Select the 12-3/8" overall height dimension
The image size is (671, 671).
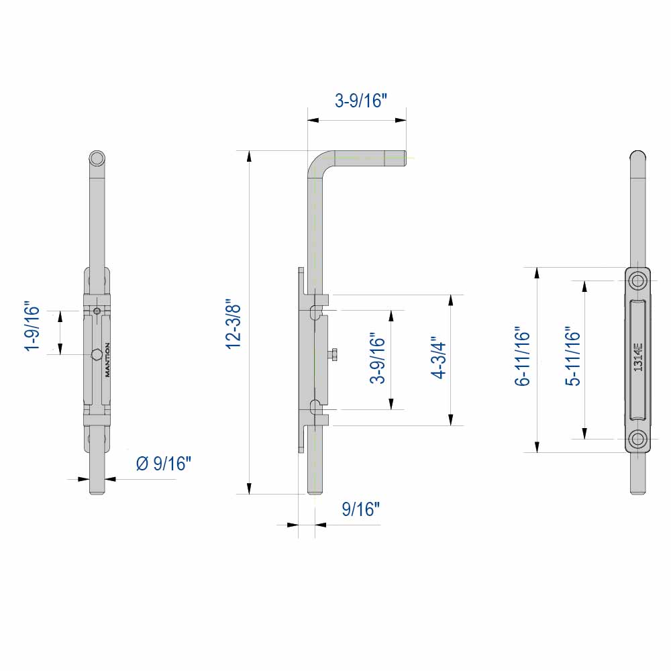coord(233,323)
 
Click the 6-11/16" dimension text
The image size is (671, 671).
coord(523,357)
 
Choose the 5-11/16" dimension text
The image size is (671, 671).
coord(572,357)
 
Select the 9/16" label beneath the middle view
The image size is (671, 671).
coord(361,509)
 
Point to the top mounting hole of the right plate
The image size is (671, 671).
coord(637,280)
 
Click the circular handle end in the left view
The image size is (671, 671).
coord(97,158)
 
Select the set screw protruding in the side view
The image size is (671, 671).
coord(333,355)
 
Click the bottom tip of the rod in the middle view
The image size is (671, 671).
coord(313,491)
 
